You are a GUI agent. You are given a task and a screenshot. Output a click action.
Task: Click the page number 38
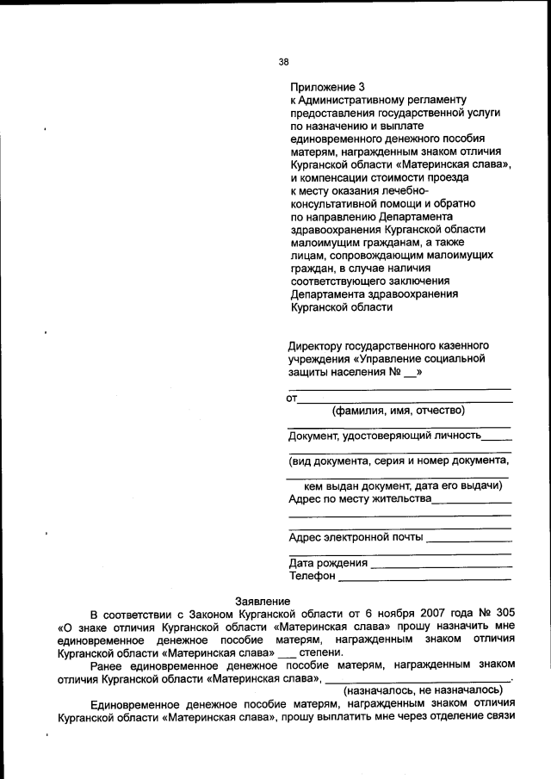(284, 60)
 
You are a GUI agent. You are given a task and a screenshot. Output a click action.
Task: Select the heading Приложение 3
(328, 87)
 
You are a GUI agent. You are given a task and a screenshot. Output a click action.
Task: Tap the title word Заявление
(263, 601)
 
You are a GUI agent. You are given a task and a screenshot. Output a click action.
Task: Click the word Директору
(319, 343)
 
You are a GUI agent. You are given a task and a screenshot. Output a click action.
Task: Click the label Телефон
(313, 576)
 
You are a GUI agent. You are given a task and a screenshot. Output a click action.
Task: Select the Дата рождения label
(328, 563)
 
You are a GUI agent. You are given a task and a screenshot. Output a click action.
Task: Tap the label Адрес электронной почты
(356, 537)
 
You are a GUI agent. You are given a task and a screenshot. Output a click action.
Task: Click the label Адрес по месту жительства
(359, 498)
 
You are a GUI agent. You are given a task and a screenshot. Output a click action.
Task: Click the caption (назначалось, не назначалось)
(423, 689)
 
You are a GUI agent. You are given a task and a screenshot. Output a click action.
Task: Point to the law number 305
(505, 614)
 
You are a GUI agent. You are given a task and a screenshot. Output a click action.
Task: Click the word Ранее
(106, 665)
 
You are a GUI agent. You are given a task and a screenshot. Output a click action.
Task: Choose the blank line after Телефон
(425, 578)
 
